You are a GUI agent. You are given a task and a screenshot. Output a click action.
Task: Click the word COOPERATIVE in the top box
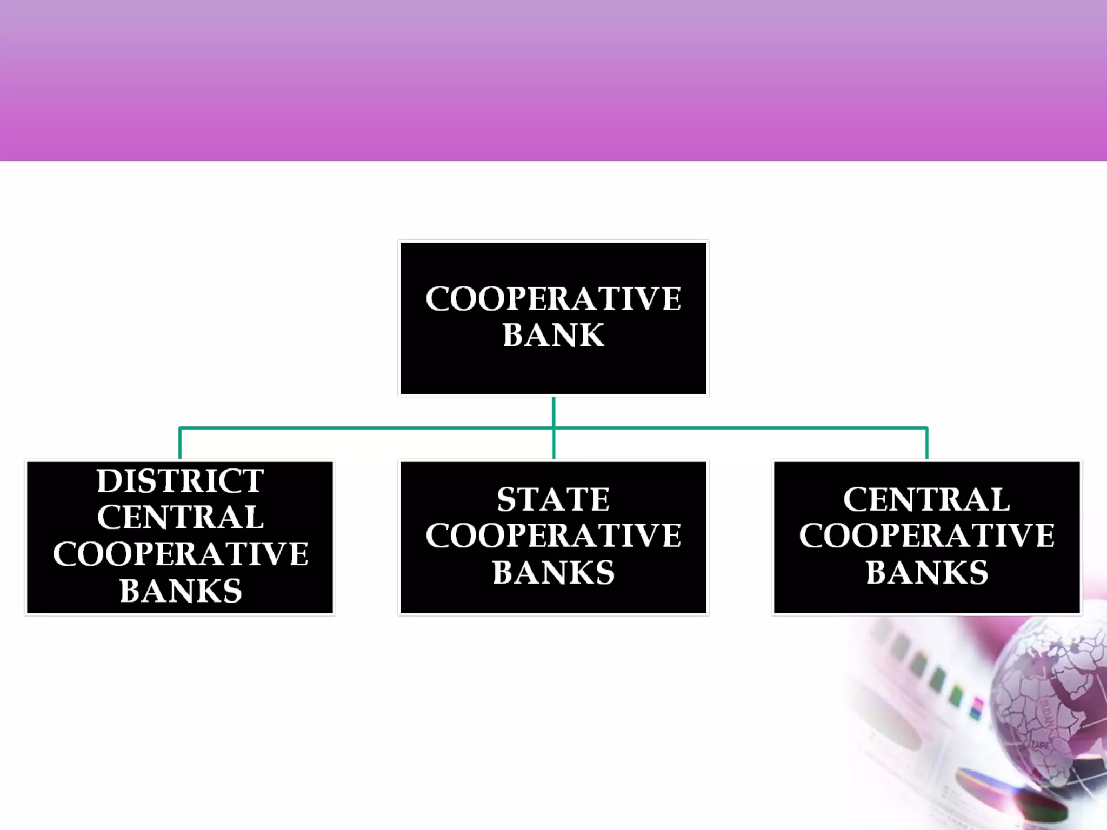pos(553,299)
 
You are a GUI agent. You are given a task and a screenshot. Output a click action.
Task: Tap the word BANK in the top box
pos(553,335)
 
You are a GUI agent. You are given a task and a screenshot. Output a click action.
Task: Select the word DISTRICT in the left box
pos(180,481)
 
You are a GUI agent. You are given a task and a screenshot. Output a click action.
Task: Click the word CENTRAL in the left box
pos(180,517)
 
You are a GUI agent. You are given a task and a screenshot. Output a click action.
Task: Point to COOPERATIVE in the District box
pos(180,554)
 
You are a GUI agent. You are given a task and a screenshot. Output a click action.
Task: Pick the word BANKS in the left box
pos(180,591)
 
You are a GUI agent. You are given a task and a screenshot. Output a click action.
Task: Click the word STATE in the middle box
pos(553,499)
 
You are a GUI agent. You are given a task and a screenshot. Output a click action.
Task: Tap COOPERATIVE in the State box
pos(553,536)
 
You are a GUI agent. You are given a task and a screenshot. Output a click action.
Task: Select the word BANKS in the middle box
pos(553,572)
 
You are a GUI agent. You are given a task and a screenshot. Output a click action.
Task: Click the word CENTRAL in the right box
pos(926,499)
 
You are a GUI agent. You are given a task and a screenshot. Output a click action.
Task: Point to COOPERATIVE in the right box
pos(926,536)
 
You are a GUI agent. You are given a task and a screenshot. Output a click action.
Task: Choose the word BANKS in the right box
pos(926,572)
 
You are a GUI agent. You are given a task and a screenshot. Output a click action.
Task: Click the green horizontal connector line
pos(368,428)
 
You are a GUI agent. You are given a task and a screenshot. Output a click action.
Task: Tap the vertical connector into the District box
pos(180,444)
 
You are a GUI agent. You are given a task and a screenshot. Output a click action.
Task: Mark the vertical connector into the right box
pos(927,444)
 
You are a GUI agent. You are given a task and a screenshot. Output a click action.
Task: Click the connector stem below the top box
pos(553,412)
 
